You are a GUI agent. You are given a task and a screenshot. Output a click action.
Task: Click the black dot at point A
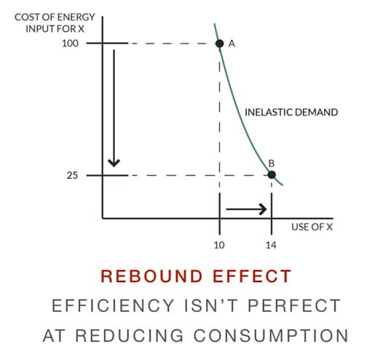tap(219, 44)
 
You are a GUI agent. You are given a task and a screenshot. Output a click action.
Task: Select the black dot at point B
tap(272, 175)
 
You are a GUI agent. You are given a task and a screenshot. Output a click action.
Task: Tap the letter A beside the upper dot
tap(232, 44)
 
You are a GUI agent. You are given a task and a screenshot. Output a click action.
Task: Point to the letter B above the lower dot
tap(272, 164)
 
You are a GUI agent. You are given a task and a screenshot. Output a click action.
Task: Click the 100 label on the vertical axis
tap(70, 44)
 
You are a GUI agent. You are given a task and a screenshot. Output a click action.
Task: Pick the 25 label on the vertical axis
tap(72, 175)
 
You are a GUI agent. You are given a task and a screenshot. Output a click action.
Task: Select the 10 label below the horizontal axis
tap(219, 245)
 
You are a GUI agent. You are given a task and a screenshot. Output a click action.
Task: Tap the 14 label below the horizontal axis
tap(271, 245)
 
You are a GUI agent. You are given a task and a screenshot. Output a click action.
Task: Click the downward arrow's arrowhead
tap(114, 163)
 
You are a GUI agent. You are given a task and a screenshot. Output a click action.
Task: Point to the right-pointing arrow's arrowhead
tap(263, 209)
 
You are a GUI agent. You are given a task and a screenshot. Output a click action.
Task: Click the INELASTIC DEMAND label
tap(291, 112)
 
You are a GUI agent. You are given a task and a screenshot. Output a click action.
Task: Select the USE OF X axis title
tap(312, 227)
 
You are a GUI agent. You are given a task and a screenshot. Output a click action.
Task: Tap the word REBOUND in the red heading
tap(151, 276)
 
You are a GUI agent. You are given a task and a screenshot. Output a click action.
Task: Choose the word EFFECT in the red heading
tap(252, 276)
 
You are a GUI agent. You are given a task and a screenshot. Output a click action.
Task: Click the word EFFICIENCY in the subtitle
tap(113, 305)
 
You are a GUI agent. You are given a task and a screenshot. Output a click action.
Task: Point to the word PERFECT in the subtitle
tap(294, 305)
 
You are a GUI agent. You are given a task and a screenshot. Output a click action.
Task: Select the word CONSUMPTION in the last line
tap(271, 335)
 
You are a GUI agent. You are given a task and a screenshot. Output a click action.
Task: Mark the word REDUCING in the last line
tap(129, 335)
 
